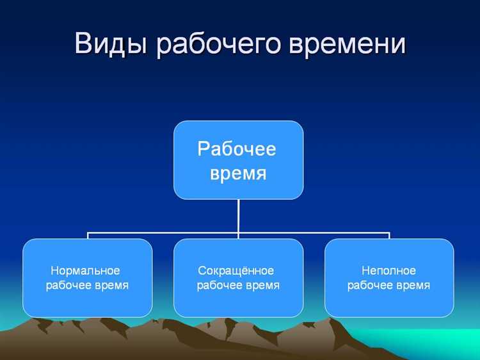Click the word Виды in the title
pos(111,44)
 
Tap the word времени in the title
pos(348,44)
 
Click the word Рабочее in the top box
pos(237,149)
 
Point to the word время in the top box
pos(237,173)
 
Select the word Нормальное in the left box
pos(85,270)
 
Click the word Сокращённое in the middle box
pos(236,270)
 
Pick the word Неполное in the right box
pos(388,270)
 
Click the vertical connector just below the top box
pos(238,215)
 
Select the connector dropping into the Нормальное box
pos(88,236)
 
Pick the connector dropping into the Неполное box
pos(389,236)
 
